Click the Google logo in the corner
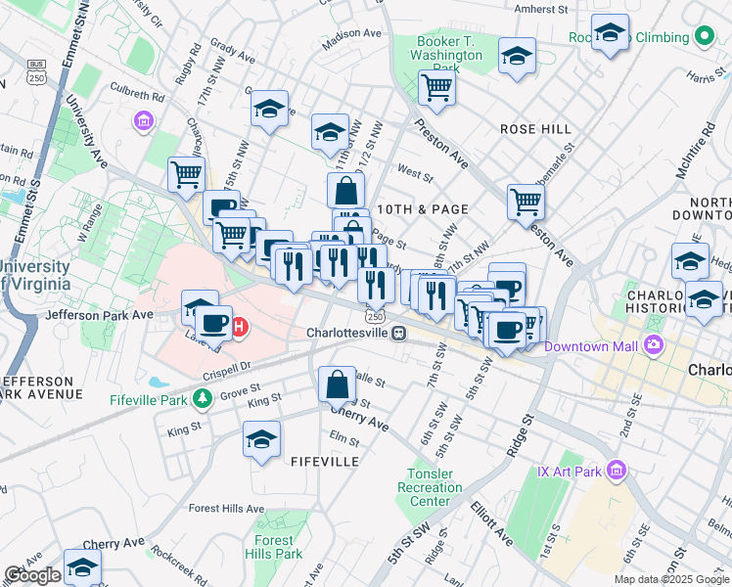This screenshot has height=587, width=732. tap(32, 575)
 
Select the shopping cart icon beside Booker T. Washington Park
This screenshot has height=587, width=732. tap(436, 88)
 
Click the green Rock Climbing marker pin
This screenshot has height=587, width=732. tap(705, 37)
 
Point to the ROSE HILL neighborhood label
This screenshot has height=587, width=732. tap(535, 129)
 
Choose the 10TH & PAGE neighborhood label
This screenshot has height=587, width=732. tap(423, 209)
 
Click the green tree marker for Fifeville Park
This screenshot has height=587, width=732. tap(202, 398)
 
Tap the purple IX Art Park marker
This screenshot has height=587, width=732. tap(616, 472)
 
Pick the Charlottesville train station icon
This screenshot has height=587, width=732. tap(398, 334)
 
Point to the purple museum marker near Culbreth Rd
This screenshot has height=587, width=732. tap(144, 121)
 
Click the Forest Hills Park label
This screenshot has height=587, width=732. tap(275, 547)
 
